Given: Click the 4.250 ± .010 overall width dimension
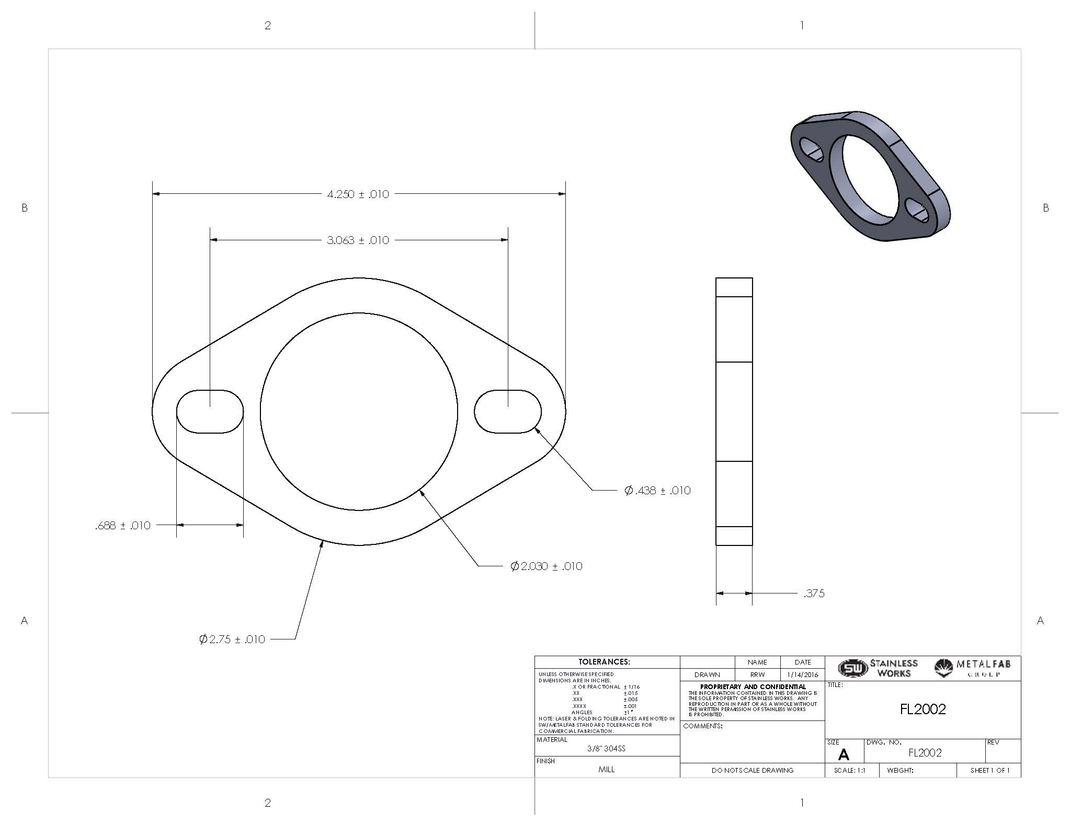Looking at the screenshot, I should pyautogui.click(x=358, y=194).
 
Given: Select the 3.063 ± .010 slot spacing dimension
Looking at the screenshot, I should pyautogui.click(x=358, y=240).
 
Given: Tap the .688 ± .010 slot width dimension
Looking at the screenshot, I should pyautogui.click(x=123, y=526).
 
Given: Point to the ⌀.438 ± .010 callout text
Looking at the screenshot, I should pyautogui.click(x=657, y=491).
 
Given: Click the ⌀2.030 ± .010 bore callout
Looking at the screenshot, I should pyautogui.click(x=546, y=566).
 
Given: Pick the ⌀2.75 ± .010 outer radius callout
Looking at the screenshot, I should pyautogui.click(x=232, y=639).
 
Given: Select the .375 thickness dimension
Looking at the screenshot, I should pyautogui.click(x=814, y=594).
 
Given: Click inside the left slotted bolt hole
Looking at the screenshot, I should pyautogui.click(x=210, y=412).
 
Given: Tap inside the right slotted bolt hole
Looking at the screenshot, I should pyautogui.click(x=507, y=412).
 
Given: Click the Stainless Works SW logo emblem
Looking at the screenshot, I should pyautogui.click(x=852, y=668).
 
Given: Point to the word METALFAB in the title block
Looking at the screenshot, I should pyautogui.click(x=983, y=664).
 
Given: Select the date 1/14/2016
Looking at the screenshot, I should pyautogui.click(x=802, y=675).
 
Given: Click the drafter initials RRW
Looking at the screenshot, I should pyautogui.click(x=757, y=675).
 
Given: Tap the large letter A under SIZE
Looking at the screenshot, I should pyautogui.click(x=843, y=755).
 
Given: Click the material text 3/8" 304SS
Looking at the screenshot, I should pyautogui.click(x=606, y=749).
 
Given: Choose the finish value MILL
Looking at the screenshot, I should pyautogui.click(x=606, y=770).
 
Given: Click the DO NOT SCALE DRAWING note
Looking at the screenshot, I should pyautogui.click(x=752, y=771).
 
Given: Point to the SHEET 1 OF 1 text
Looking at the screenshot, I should pyautogui.click(x=989, y=771).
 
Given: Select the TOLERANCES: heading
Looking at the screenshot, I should pyautogui.click(x=607, y=662).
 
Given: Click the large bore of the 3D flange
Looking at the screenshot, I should pyautogui.click(x=868, y=178).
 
